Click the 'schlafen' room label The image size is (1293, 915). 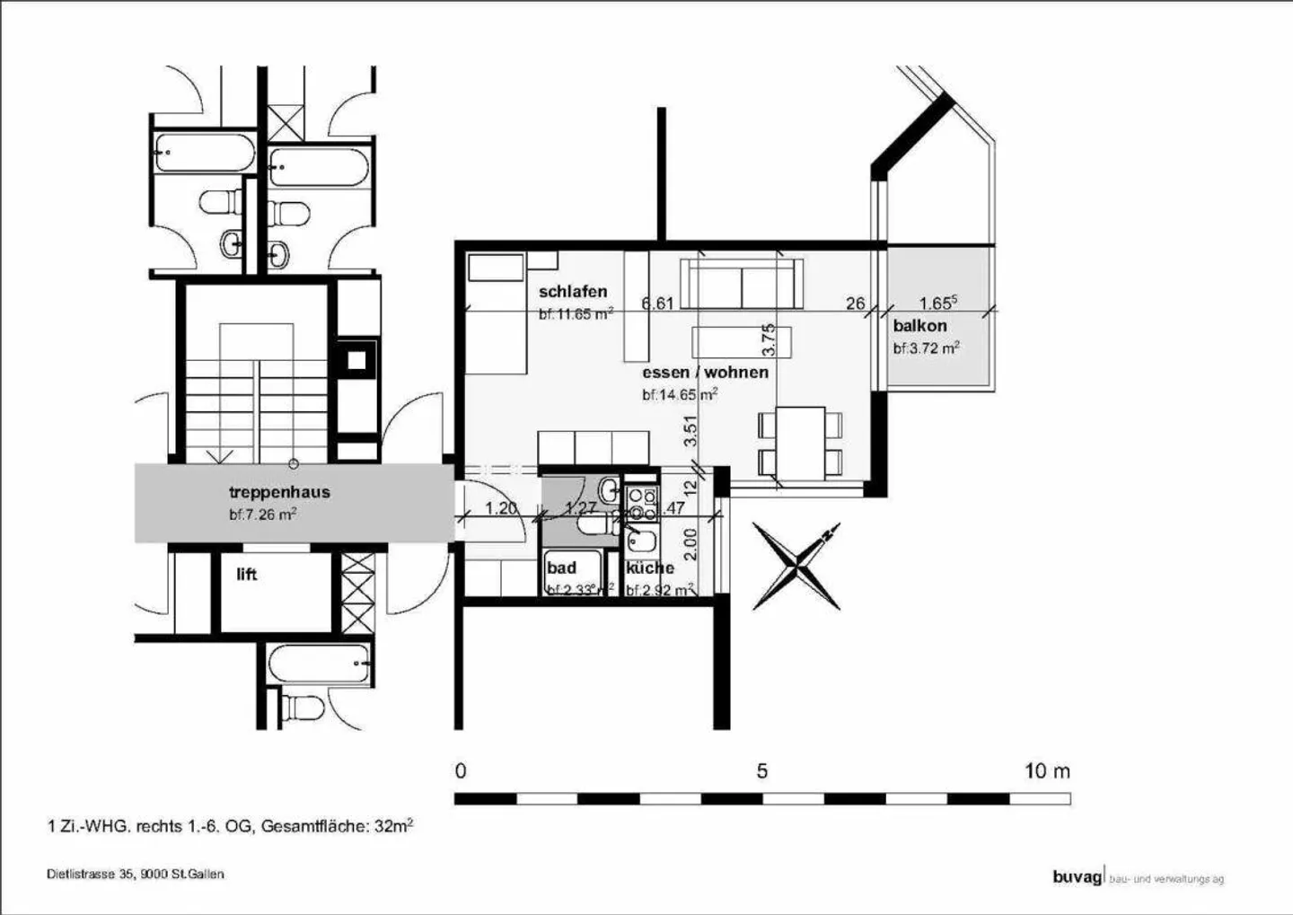point(573,292)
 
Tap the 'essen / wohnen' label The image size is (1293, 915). point(705,372)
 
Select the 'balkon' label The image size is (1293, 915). point(919,326)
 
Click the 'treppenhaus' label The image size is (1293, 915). point(279,492)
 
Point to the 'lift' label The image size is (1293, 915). point(247,575)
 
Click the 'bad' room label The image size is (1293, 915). point(562,567)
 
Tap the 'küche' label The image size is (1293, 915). point(650,567)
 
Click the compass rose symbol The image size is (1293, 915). point(796,566)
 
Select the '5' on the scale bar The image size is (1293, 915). point(761,771)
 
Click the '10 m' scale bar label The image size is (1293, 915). point(1047,771)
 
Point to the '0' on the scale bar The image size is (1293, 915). point(461,771)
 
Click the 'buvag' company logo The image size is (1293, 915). point(1076,877)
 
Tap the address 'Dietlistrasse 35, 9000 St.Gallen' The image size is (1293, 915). point(136,874)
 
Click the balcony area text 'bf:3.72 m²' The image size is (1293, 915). point(926,348)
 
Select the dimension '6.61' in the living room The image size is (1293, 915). point(657,304)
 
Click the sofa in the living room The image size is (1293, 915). point(742,284)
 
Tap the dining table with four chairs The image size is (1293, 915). point(801,442)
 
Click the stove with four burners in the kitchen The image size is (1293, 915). point(641,504)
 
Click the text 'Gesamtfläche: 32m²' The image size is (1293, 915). point(337,826)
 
